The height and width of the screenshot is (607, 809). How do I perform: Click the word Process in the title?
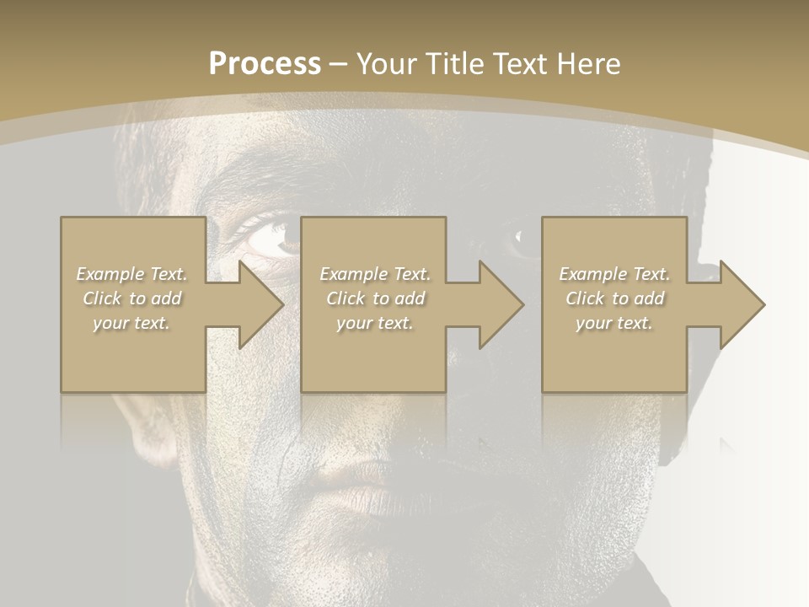pos(265,64)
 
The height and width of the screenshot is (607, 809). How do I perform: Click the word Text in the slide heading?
pos(521,64)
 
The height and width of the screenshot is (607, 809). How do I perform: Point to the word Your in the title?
pos(386,64)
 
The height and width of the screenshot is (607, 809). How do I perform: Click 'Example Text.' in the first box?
pos(132,274)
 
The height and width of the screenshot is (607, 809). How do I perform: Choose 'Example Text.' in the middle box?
pos(375,274)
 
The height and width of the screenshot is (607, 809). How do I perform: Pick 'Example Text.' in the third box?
pos(614,274)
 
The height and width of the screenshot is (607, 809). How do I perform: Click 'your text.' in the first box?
pos(132,323)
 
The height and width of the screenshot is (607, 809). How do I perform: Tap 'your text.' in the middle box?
pos(375,323)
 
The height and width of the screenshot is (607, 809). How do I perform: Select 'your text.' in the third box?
pos(614,323)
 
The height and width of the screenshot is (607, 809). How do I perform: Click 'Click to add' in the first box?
pos(132,298)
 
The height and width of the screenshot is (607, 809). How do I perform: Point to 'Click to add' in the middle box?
pos(375,298)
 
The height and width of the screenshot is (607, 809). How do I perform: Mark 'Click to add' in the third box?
pos(614,298)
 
